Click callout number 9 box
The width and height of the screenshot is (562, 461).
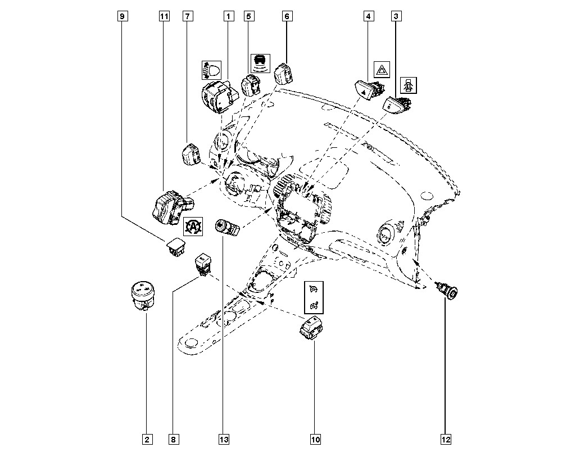[123, 17]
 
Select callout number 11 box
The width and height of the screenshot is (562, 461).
[164, 17]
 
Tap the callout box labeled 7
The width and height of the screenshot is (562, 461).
[187, 17]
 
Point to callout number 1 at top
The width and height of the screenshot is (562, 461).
[228, 17]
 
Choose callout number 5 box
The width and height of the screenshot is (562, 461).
[248, 17]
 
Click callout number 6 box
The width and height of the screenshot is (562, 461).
[287, 17]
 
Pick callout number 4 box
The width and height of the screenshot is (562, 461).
[369, 17]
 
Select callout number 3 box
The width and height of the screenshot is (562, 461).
[396, 17]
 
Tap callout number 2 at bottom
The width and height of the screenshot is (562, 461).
[147, 439]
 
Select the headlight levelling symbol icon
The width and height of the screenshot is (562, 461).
[210, 70]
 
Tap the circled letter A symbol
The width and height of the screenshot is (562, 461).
[192, 227]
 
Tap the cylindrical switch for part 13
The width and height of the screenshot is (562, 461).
[226, 228]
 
